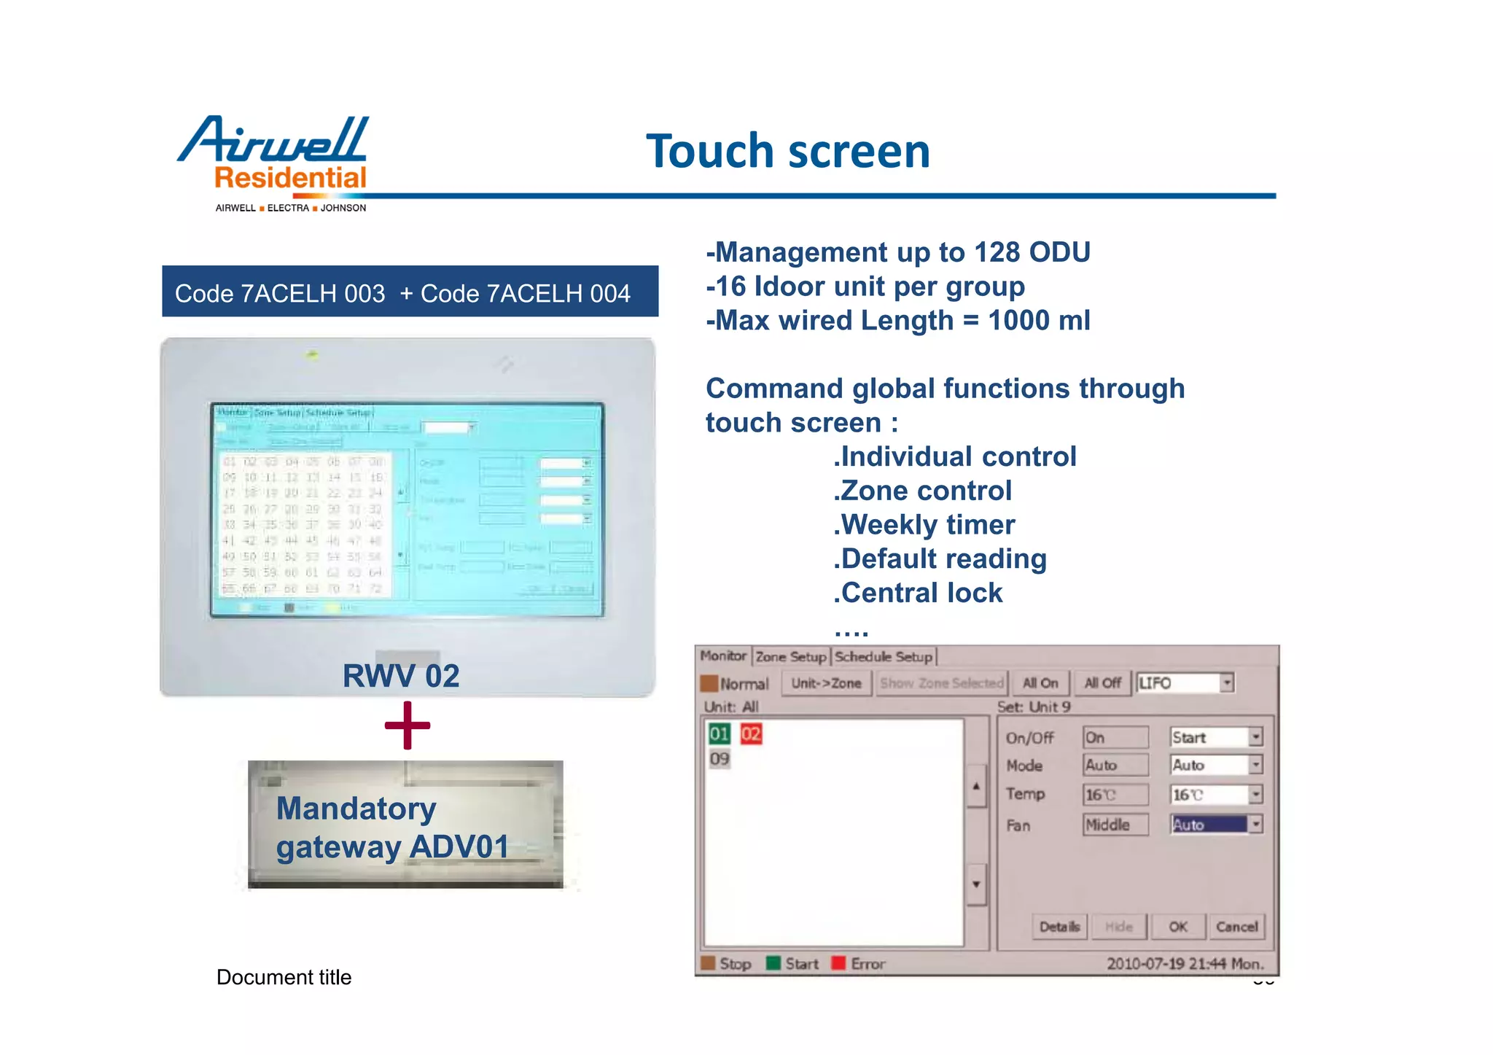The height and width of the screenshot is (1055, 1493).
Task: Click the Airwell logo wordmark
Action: tap(273, 140)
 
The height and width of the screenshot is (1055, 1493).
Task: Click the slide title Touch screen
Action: tap(787, 151)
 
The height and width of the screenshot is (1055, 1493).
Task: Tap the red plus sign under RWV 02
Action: tap(407, 725)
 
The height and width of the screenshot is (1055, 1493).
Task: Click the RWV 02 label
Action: tap(401, 676)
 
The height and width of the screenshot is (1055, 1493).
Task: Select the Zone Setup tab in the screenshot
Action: tap(790, 657)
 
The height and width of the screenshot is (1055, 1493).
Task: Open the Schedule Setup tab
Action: tap(884, 657)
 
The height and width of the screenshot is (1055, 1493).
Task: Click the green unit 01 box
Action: tap(720, 733)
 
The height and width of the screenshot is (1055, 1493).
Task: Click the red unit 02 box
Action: tap(751, 733)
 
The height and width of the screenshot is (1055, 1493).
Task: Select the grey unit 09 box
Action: tap(720, 759)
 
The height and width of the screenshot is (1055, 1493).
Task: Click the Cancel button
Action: tap(1236, 927)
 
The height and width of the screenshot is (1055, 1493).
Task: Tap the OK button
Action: tap(1177, 927)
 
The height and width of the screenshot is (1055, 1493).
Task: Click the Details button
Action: tap(1059, 927)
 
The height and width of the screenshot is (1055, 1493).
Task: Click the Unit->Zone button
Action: tap(826, 683)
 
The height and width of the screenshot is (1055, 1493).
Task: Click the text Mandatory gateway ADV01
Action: tap(392, 828)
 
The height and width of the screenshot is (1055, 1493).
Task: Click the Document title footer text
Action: tap(284, 977)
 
